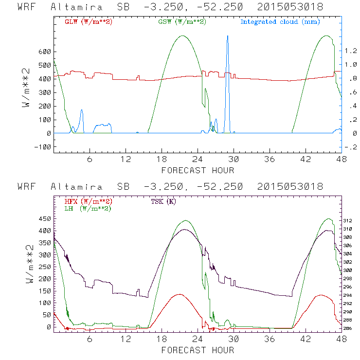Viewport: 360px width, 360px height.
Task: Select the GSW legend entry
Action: coord(182,22)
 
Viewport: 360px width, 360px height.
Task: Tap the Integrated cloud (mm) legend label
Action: coord(280,22)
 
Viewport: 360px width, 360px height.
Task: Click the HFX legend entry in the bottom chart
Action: coord(88,201)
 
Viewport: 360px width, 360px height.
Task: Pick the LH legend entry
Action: coord(88,208)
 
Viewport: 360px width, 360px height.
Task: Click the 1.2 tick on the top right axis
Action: coord(351,51)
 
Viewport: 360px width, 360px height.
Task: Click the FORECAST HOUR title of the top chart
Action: coord(198,170)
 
